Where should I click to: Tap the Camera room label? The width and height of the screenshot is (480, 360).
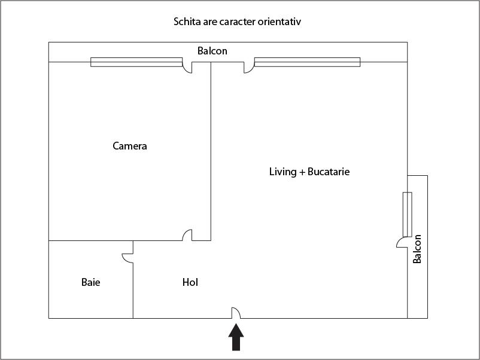coord(130,146)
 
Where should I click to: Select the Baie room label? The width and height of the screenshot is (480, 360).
coord(90,282)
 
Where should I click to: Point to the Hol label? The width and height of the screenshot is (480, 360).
coord(190,282)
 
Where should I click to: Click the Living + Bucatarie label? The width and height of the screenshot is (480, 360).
coord(309,172)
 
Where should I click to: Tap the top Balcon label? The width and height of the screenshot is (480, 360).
coord(212,51)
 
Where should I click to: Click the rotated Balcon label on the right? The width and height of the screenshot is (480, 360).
coord(417,249)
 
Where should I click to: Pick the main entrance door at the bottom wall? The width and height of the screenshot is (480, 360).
coord(236,313)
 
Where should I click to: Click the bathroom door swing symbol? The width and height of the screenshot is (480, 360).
coord(127,257)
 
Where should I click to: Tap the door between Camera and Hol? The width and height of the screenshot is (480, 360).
coord(187,235)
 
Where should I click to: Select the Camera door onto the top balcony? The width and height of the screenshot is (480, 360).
coord(187,67)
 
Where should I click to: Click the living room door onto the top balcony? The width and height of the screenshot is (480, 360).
coord(248,67)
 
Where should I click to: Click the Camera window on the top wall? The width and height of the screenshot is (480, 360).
coord(136,62)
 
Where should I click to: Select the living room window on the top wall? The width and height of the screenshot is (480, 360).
coord(307,62)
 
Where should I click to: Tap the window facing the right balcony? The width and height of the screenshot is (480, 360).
coord(408,214)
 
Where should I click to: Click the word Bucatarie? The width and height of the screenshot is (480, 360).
coord(329,172)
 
